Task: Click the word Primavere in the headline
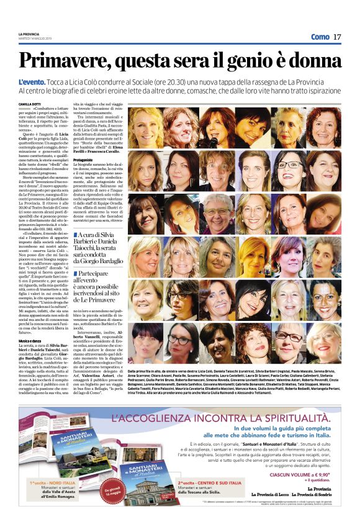pos(64,61)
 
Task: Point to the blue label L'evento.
pos(32,82)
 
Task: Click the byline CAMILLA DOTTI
pos(30,105)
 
